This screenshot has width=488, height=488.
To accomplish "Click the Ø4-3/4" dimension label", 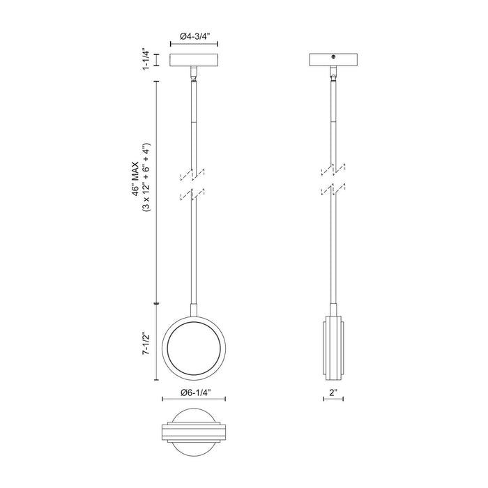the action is tap(194, 36).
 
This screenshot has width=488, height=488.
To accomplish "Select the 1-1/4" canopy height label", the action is tap(146, 59).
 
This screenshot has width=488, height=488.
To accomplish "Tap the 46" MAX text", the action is tap(136, 178).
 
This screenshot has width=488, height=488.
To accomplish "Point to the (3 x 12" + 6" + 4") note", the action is tap(146, 178).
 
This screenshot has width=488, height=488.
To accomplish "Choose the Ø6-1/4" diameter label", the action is tap(194, 392).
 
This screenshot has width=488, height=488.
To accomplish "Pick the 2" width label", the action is tap(333, 392).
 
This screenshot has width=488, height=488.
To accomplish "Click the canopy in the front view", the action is tap(194, 60).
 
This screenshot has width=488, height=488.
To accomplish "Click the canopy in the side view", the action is tap(333, 60).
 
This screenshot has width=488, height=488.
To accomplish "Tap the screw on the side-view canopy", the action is tap(333, 57).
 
